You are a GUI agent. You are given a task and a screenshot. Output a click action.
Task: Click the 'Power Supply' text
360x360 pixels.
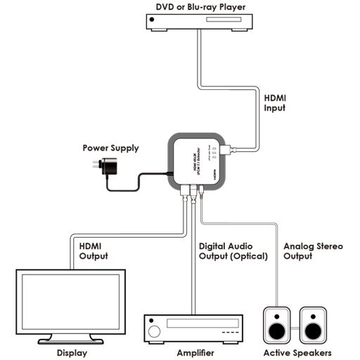[x=110, y=148]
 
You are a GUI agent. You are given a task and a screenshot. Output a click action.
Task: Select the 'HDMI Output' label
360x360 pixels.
[x=94, y=251]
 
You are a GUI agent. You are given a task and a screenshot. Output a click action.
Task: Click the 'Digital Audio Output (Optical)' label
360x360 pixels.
[x=234, y=251]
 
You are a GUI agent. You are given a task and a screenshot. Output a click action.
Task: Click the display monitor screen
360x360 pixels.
[x=71, y=302]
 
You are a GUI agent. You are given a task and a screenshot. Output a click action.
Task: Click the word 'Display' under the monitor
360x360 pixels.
[x=71, y=352]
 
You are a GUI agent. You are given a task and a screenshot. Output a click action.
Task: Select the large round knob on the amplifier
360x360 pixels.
[x=159, y=327]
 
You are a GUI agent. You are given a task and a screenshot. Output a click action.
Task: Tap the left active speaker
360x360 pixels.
[x=278, y=325]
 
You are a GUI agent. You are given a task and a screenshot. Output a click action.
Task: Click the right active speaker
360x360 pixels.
[x=314, y=325]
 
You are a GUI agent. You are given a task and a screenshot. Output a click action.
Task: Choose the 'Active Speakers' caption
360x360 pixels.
[x=296, y=352]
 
